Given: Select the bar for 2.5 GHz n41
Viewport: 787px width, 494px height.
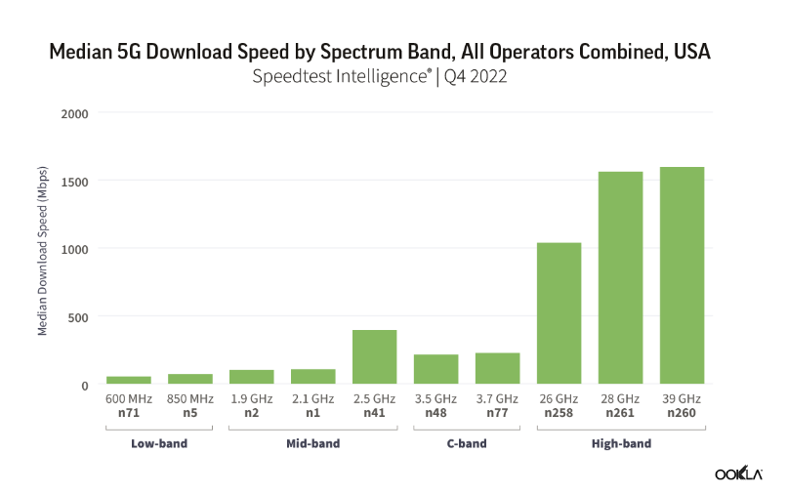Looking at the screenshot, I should pyautogui.click(x=374, y=356).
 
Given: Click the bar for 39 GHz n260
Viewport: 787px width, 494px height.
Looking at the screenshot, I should pyautogui.click(x=682, y=275).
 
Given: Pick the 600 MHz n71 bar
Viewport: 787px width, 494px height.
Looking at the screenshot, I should pyautogui.click(x=128, y=380).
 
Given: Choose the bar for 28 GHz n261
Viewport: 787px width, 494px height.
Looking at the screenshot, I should pyautogui.click(x=620, y=277).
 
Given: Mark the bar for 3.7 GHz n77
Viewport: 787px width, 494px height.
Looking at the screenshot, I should pyautogui.click(x=497, y=368).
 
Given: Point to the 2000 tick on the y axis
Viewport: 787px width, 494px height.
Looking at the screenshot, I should pyautogui.click(x=75, y=113).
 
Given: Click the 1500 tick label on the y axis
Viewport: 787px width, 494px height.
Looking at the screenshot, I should pyautogui.click(x=75, y=182).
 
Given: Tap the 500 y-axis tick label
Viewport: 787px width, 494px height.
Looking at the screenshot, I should pyautogui.click(x=78, y=317).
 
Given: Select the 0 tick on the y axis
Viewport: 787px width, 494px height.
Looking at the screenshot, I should pyautogui.click(x=85, y=386).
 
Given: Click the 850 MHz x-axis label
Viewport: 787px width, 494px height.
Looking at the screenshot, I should pyautogui.click(x=189, y=399).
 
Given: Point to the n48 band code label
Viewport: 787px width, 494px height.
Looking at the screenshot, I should pyautogui.click(x=435, y=413).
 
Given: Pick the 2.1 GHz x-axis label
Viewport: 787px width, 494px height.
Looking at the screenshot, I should pyautogui.click(x=312, y=399).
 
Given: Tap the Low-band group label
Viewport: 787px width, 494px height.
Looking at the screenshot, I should pyautogui.click(x=158, y=444).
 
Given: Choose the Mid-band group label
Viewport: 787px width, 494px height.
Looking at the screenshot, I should pyautogui.click(x=312, y=444).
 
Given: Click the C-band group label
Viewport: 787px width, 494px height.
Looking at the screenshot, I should pyautogui.click(x=466, y=444).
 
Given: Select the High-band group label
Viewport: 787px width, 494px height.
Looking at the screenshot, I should pyautogui.click(x=620, y=444).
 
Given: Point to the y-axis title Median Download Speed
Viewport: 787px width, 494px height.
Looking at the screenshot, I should pyautogui.click(x=43, y=249).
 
